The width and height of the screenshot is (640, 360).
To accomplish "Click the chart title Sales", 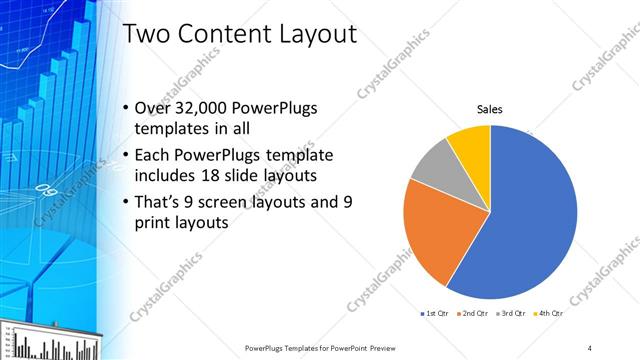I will [x=489, y=109].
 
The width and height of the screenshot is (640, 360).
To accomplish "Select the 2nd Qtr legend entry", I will [x=473, y=314].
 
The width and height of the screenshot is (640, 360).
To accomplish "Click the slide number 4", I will [x=590, y=347].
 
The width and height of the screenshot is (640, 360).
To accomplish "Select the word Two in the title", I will [x=146, y=35].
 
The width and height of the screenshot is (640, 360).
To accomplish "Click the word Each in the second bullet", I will [x=152, y=154].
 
